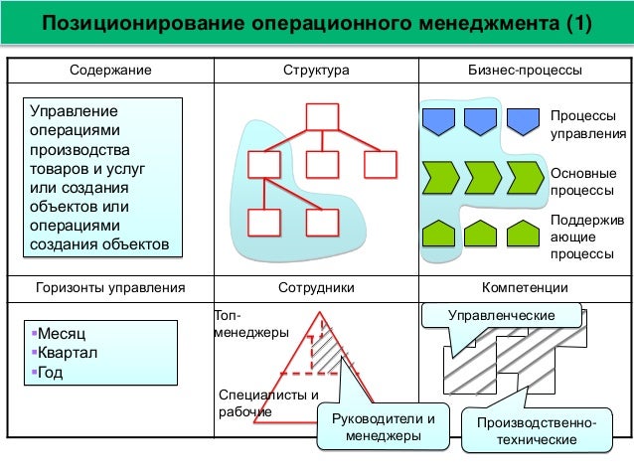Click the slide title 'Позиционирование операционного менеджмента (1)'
315,23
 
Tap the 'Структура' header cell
315,72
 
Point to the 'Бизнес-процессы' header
525,72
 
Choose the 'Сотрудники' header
315,288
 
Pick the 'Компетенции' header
525,288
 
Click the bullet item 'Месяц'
61,335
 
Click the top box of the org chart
323,116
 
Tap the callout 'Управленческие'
502,315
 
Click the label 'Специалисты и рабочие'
261,403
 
